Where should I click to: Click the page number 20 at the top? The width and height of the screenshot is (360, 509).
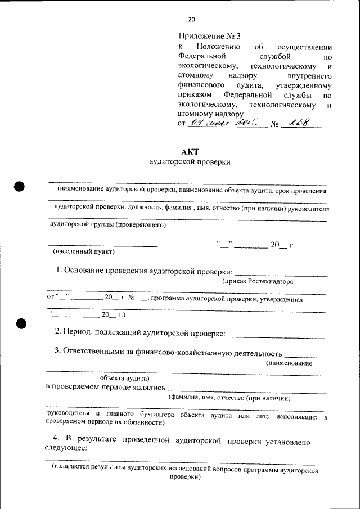coord(191,19)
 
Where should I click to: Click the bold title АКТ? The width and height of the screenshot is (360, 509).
coord(190,151)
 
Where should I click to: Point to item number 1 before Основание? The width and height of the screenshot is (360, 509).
coord(58,271)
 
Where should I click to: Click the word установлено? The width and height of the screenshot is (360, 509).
coord(287,442)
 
